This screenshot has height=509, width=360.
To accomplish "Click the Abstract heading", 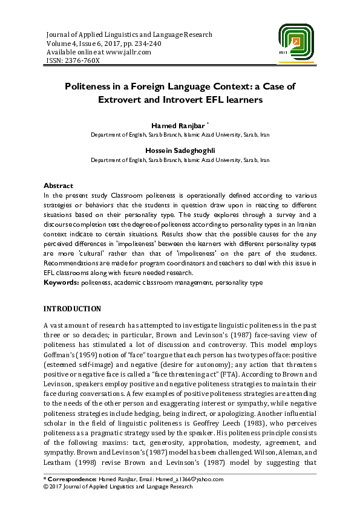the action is (59, 185).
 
